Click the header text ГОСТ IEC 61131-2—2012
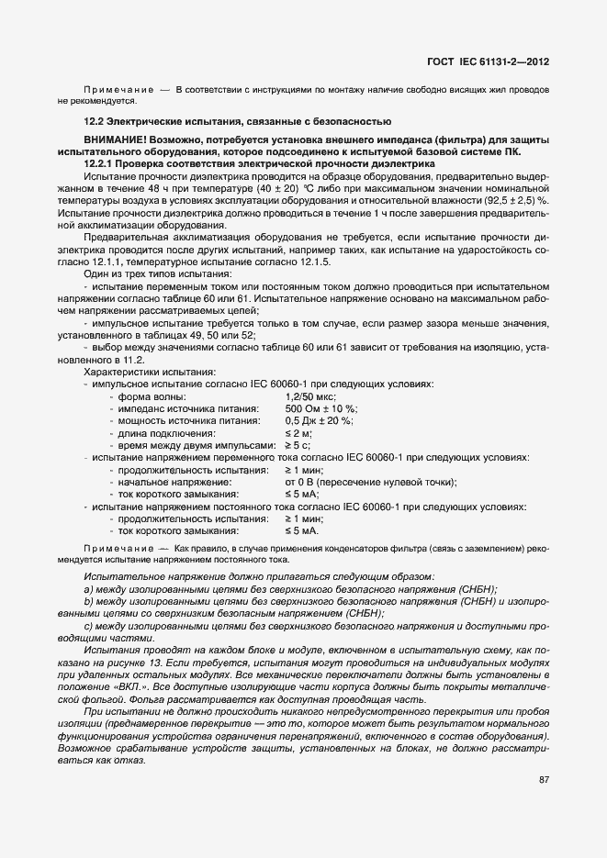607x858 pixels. click(488, 61)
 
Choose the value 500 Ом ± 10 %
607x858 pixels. click(321, 408)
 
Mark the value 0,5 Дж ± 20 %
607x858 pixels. click(319, 420)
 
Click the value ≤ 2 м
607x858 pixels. click(298, 432)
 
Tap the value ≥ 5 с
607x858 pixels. click(298, 444)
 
